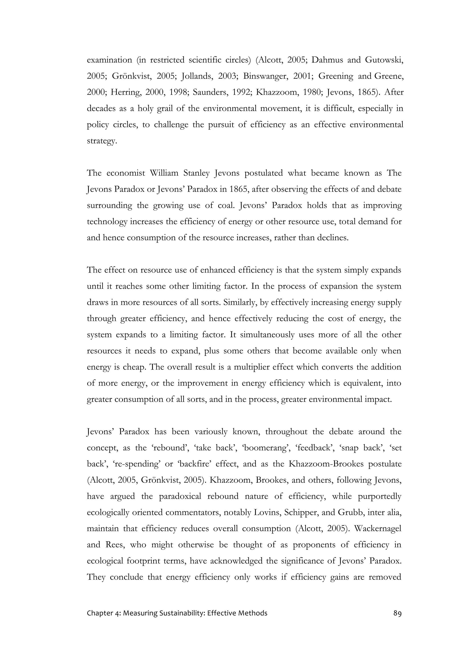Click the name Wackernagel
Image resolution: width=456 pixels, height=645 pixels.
tap(378, 529)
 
